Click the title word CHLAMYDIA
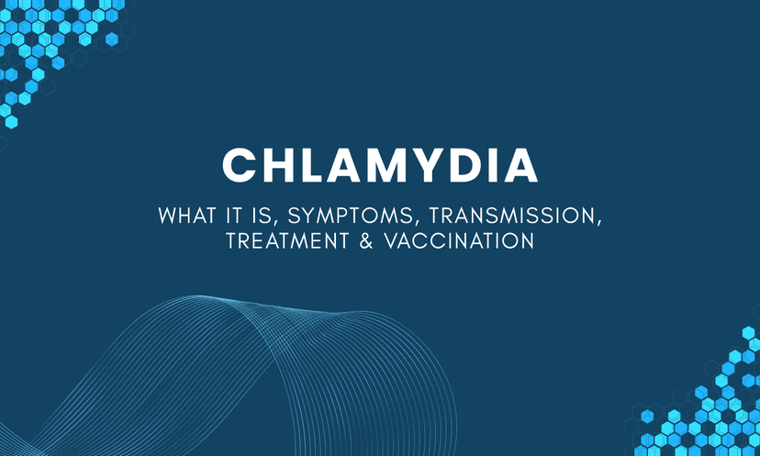click(x=380, y=165)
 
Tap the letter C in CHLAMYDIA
click(x=240, y=165)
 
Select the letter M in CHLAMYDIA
click(x=379, y=165)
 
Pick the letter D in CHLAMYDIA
click(x=457, y=165)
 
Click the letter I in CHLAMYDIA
click(x=486, y=165)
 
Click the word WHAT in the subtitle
click(x=187, y=216)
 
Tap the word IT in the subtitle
click(x=233, y=216)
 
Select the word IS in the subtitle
click(x=262, y=216)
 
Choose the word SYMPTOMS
click(x=351, y=216)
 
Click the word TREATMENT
click(x=287, y=240)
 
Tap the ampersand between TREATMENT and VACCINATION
click(x=366, y=240)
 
